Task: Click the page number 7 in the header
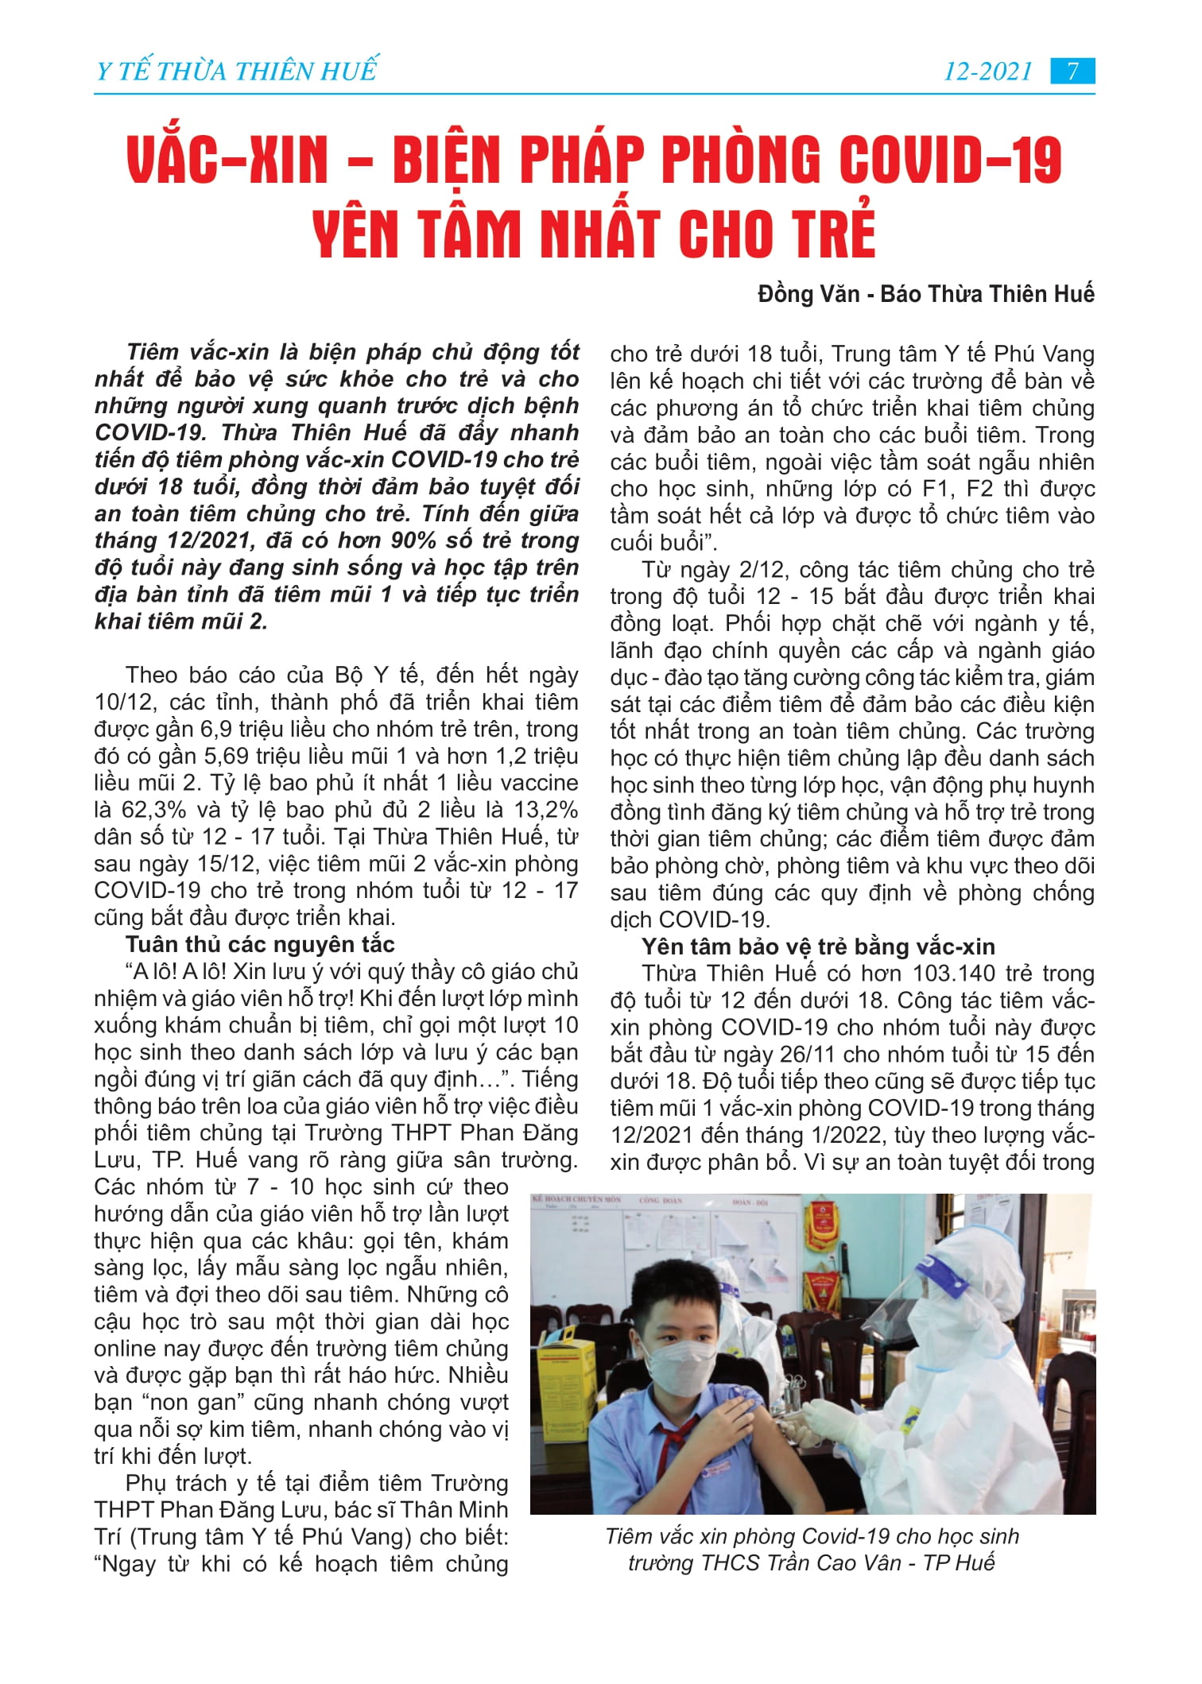(x=1072, y=72)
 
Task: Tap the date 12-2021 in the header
(x=987, y=72)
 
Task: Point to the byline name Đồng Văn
(x=808, y=294)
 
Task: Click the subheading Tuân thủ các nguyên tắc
(x=260, y=944)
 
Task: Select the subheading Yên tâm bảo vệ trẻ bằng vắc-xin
(x=818, y=947)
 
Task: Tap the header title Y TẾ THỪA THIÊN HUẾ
(x=235, y=72)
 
